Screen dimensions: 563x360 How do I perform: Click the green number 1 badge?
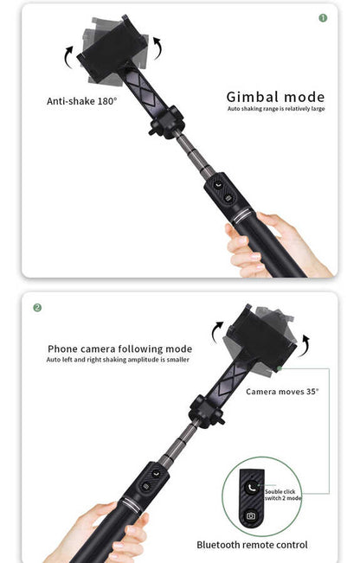pyautogui.click(x=324, y=17)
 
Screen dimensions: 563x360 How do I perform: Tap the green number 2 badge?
pyautogui.click(x=37, y=307)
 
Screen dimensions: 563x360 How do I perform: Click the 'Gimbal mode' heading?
pyautogui.click(x=275, y=97)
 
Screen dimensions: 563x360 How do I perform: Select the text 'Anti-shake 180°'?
pyautogui.click(x=81, y=101)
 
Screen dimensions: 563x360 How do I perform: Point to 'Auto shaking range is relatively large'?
pyautogui.click(x=276, y=109)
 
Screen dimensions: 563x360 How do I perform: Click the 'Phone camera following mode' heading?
pyautogui.click(x=119, y=349)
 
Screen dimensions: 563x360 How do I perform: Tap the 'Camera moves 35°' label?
pyautogui.click(x=282, y=392)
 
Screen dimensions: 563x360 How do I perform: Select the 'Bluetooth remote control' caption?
pyautogui.click(x=252, y=545)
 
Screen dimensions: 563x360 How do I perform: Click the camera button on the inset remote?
pyautogui.click(x=251, y=515)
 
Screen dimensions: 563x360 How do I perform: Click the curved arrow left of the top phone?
pyautogui.click(x=68, y=57)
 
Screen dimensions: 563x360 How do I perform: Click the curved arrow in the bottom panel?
pyautogui.click(x=217, y=329)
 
